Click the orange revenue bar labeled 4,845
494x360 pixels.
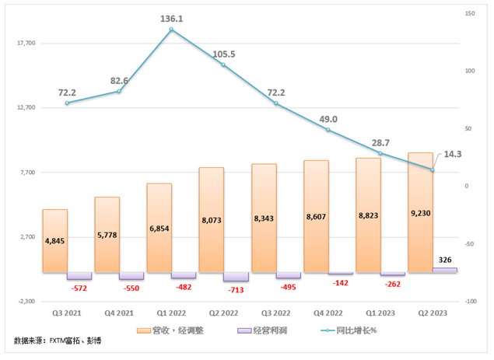click(54, 240)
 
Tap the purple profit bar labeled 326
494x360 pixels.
click(445, 270)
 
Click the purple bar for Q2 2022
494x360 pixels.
click(236, 277)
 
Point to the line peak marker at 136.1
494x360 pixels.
click(171, 30)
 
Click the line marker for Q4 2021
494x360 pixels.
click(119, 91)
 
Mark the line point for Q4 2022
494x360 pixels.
click(328, 130)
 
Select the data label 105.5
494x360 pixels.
click(223, 54)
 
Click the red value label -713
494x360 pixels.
click(236, 289)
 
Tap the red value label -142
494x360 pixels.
click(341, 283)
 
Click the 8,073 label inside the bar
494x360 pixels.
click(211, 220)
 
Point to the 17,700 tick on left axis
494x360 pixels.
click(26, 44)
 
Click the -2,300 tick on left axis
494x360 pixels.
click(26, 301)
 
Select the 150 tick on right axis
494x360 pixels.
click(469, 13)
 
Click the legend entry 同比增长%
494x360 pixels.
click(356, 330)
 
